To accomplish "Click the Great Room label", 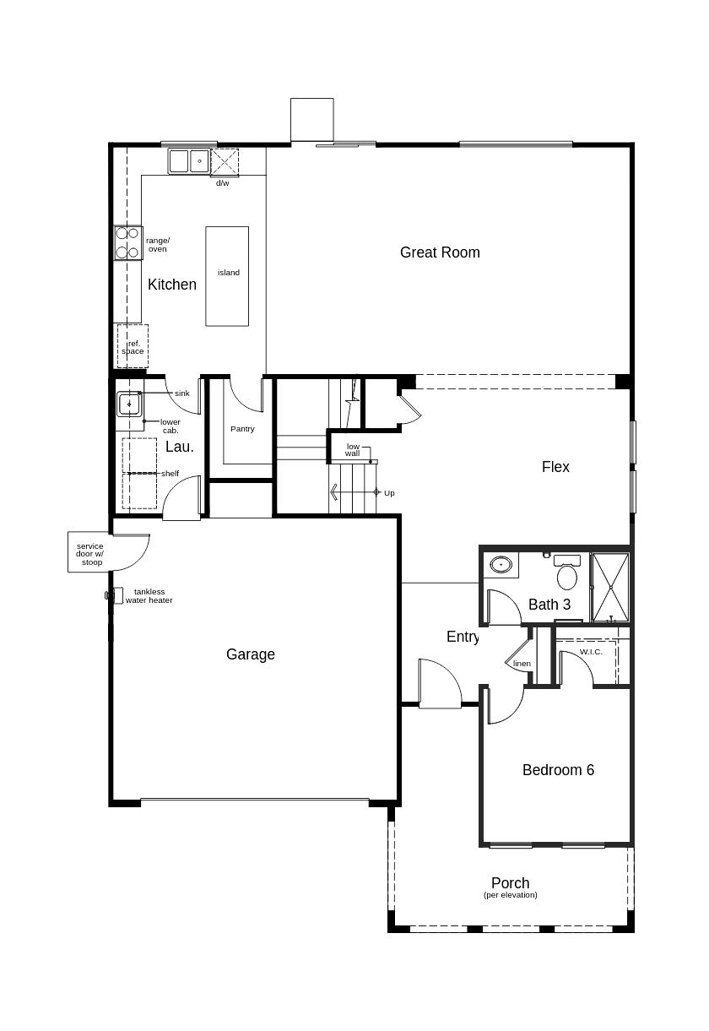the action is pyautogui.click(x=440, y=252).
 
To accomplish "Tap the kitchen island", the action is pyautogui.click(x=227, y=276).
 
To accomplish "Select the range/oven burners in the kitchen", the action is pyautogui.click(x=128, y=243).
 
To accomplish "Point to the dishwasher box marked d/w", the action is pyautogui.click(x=225, y=162).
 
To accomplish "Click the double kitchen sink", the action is pyautogui.click(x=189, y=160).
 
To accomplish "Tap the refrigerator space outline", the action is pyautogui.click(x=133, y=346).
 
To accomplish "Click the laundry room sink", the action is pyautogui.click(x=129, y=404).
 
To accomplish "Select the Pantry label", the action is pyautogui.click(x=242, y=429).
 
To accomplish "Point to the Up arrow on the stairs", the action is pyautogui.click(x=354, y=492).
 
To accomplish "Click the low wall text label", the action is pyautogui.click(x=353, y=450).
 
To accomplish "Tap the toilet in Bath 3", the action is pyautogui.click(x=567, y=572).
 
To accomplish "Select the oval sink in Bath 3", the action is pyautogui.click(x=501, y=564).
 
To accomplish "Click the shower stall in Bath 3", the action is pyautogui.click(x=610, y=588).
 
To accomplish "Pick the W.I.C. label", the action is pyautogui.click(x=591, y=652).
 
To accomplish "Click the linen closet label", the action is pyautogui.click(x=522, y=663).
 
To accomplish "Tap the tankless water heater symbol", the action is pyautogui.click(x=115, y=595).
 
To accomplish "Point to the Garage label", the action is pyautogui.click(x=251, y=654).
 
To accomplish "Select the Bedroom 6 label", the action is pyautogui.click(x=558, y=769).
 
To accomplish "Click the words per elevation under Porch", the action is pyautogui.click(x=511, y=895).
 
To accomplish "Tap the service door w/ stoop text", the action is pyautogui.click(x=90, y=554).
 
